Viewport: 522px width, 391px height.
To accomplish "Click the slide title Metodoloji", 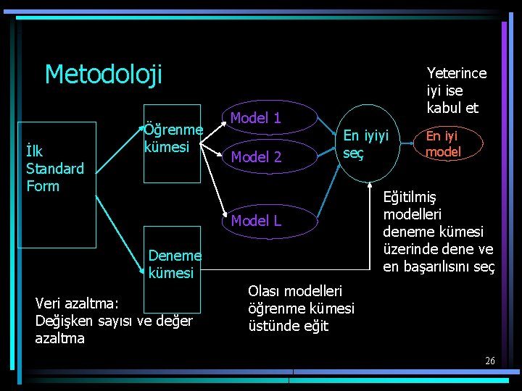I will [103, 74].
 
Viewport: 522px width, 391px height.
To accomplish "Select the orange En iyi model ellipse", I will [443, 144].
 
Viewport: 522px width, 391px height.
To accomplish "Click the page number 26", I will [489, 361].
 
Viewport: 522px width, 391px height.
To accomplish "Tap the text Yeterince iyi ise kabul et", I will [456, 91].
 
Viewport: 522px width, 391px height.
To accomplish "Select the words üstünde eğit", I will [288, 326].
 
